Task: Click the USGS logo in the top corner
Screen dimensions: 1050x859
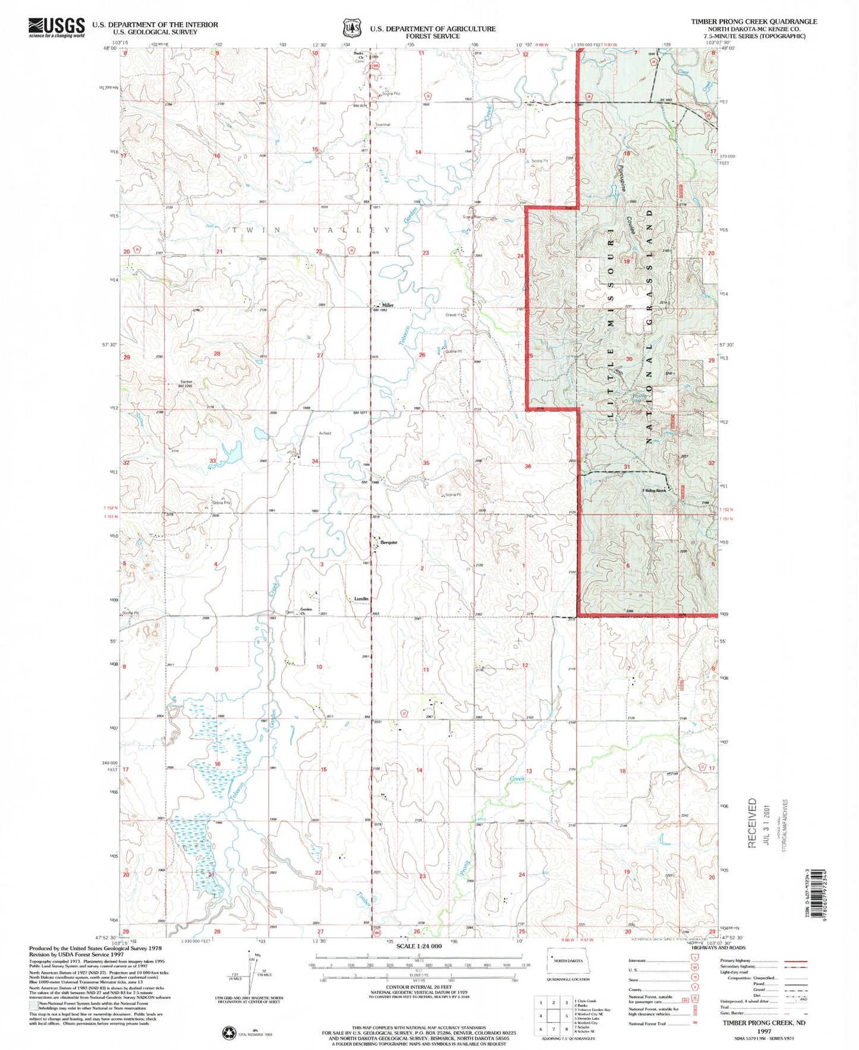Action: click(x=56, y=27)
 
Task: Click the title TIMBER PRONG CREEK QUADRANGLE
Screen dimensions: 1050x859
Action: click(x=753, y=21)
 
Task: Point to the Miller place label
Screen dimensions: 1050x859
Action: click(x=388, y=305)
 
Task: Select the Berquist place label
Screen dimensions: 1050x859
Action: click(x=388, y=543)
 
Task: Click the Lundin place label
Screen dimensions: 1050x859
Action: click(x=361, y=599)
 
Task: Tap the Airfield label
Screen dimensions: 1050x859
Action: click(x=324, y=433)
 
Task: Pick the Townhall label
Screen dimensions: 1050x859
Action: click(x=383, y=125)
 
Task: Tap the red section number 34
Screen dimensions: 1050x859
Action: click(x=315, y=462)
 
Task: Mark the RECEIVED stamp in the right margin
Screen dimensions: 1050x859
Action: click(x=753, y=823)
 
